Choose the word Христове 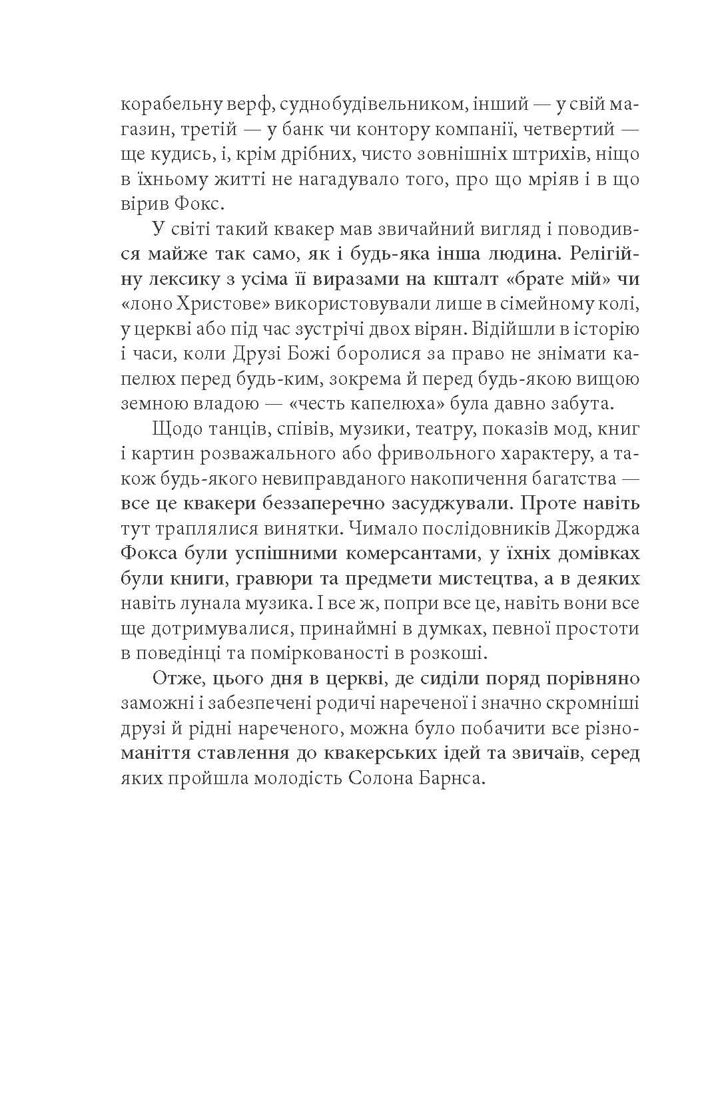(x=212, y=304)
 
